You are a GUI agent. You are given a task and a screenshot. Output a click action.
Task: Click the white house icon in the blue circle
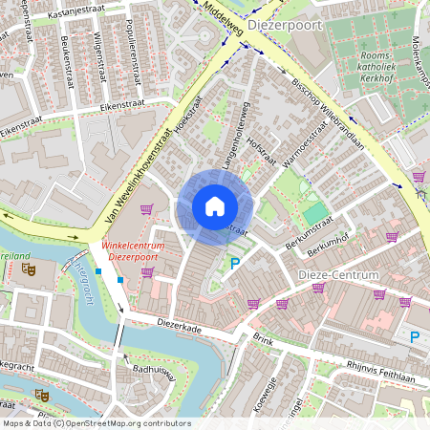coord(215,205)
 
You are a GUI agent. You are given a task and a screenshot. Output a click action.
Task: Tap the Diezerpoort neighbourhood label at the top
coord(284,27)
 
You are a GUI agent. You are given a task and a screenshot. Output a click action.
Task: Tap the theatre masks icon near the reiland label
coord(30,270)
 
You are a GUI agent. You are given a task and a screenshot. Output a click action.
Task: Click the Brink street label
coord(263,339)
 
